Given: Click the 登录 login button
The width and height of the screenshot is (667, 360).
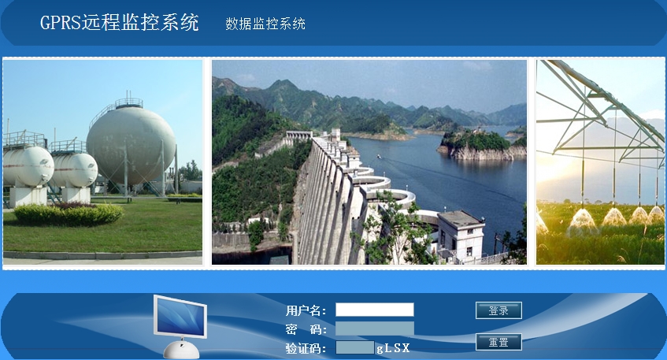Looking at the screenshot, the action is click(x=498, y=310).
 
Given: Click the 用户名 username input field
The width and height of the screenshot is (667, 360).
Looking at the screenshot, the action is click(x=374, y=310).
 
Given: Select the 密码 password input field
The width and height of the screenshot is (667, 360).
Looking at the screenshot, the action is click(x=374, y=328).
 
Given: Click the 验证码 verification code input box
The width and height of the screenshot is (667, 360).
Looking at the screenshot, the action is click(x=355, y=347).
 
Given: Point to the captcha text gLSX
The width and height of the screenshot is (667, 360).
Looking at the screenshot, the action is click(x=393, y=348).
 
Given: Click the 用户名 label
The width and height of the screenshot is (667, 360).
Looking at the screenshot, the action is click(x=306, y=310).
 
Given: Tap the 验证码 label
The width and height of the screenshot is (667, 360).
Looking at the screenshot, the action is click(x=306, y=348).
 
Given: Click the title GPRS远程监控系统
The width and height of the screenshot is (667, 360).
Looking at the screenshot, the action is click(x=120, y=22).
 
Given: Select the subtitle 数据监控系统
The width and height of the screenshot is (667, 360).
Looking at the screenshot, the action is click(x=265, y=24).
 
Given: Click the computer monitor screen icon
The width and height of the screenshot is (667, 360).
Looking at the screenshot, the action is click(x=180, y=317).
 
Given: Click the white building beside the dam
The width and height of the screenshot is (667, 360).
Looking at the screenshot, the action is click(x=461, y=235).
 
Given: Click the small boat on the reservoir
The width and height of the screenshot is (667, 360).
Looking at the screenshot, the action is click(x=379, y=157).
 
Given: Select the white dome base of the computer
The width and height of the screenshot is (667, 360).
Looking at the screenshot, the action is click(x=181, y=349).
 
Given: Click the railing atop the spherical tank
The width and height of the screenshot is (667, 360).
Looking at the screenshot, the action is click(x=128, y=103).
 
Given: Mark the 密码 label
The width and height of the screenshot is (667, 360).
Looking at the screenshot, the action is click(x=306, y=329).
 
